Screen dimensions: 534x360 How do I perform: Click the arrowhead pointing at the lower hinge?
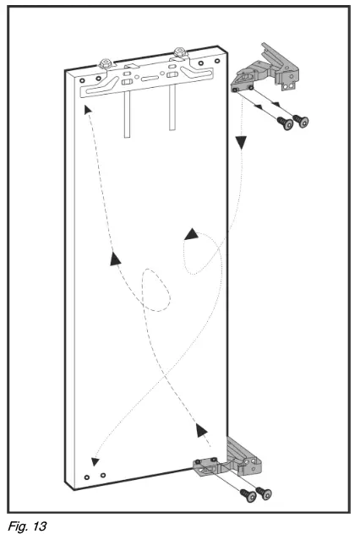202,432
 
